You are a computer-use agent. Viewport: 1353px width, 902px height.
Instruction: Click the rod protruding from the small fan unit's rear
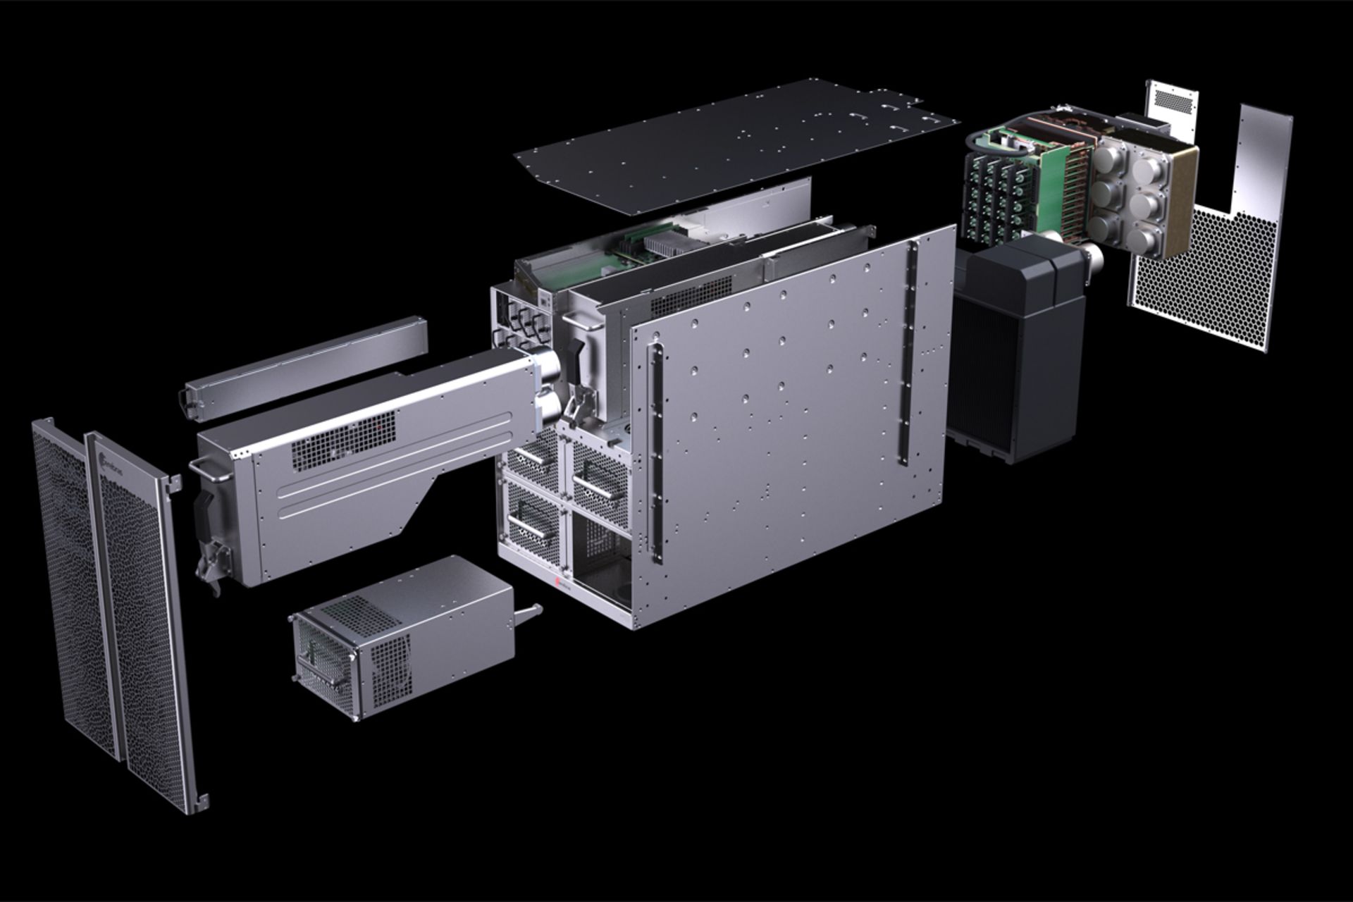click(529, 611)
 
